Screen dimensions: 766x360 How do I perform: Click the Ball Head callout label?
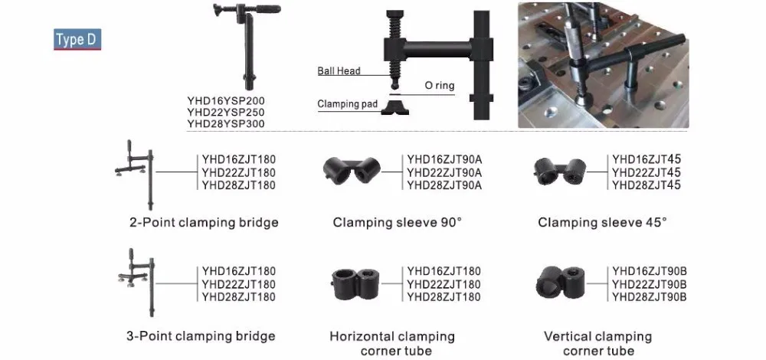tap(339, 71)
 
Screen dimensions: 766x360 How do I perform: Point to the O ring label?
tap(439, 86)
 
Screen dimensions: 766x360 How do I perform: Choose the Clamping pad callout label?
tap(347, 104)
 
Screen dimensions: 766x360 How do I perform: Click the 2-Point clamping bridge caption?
tap(204, 223)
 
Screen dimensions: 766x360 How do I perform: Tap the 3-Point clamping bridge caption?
tap(201, 335)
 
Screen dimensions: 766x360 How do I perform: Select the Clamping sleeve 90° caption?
tap(397, 223)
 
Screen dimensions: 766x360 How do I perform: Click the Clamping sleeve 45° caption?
tap(602, 223)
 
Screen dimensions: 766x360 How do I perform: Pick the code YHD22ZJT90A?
tap(444, 172)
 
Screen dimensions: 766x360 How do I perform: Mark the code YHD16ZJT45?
tap(646, 159)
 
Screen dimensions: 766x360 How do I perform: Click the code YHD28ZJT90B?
tap(650, 296)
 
